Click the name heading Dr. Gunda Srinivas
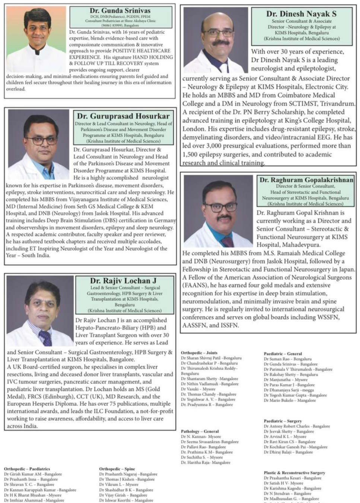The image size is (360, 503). click(120, 10)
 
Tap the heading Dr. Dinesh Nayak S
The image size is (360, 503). click(301, 14)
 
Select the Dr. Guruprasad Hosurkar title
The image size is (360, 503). click(123, 116)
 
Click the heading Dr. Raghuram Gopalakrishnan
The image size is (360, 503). click(306, 180)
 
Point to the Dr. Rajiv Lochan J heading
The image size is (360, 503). click(123, 281)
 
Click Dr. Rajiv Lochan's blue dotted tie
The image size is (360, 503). click(46, 338)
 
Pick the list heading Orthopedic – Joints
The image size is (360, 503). click(199, 352)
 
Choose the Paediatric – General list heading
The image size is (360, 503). click(283, 354)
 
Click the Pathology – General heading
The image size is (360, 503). click(200, 431)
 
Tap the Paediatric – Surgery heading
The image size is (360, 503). click(283, 421)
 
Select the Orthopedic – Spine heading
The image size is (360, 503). click(117, 469)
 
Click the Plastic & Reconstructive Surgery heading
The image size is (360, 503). click(294, 472)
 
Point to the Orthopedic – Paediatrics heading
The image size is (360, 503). click(27, 469)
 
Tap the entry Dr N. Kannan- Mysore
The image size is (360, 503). click(201, 436)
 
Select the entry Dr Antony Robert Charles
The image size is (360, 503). click(297, 426)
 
